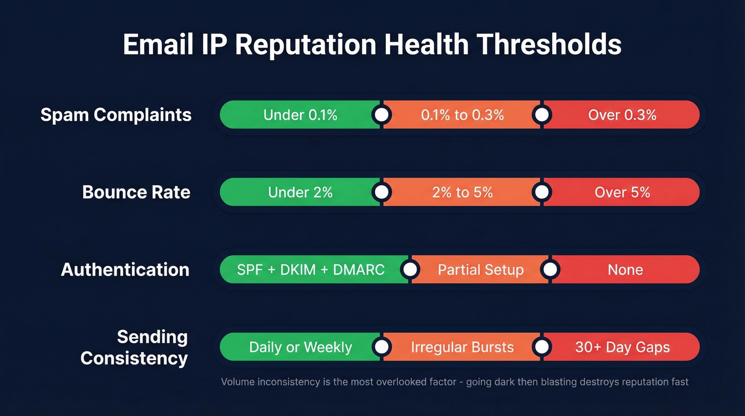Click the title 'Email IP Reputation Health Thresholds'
(372, 45)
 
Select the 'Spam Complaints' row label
(116, 115)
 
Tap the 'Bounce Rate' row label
(136, 192)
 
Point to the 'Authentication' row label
(125, 270)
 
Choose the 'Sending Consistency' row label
(134, 347)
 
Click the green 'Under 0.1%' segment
(300, 115)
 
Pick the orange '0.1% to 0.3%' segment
(462, 115)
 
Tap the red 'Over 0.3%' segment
(622, 115)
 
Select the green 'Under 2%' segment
(300, 192)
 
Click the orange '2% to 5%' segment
(462, 192)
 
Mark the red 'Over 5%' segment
(622, 192)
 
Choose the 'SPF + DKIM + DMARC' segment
(311, 270)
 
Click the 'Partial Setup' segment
(481, 270)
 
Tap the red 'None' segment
(625, 270)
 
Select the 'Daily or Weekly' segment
(300, 347)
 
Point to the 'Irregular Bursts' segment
(462, 347)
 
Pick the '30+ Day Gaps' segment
(622, 347)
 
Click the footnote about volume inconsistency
(454, 382)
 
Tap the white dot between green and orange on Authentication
(409, 270)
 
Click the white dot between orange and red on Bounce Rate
(542, 192)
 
